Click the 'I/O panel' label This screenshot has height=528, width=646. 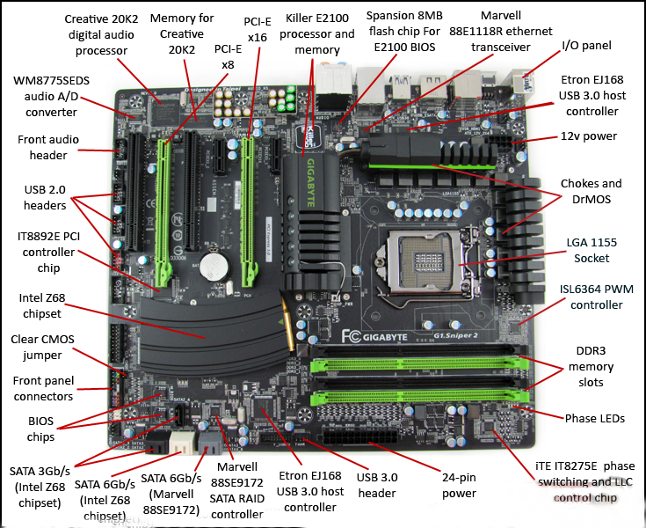(586, 45)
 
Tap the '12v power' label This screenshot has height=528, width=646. (589, 136)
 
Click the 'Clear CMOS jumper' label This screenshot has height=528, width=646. (38, 347)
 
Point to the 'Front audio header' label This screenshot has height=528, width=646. (47, 147)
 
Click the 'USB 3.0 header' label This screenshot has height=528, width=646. (376, 485)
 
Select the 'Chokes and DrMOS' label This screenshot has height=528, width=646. (591, 192)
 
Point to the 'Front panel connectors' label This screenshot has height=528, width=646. (41, 388)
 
